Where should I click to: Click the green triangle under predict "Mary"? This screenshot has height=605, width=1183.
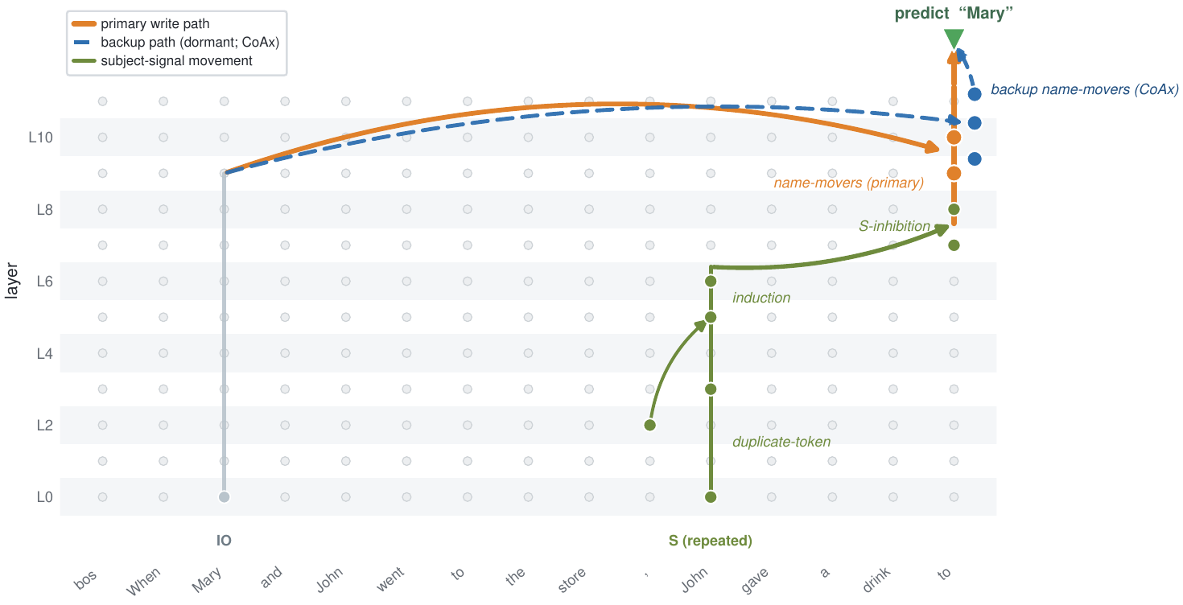pos(954,39)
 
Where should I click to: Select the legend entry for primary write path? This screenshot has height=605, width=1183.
pos(141,24)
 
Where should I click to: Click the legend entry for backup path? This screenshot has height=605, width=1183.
pos(175,42)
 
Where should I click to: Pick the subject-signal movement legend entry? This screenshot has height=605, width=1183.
pos(162,60)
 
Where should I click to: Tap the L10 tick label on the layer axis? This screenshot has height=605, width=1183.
pos(41,138)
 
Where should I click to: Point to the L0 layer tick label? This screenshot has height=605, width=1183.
pos(44,497)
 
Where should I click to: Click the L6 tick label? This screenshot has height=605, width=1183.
pos(44,282)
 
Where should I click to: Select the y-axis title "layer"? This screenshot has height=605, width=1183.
pos(11,282)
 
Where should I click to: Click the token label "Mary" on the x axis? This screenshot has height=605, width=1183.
pos(207,580)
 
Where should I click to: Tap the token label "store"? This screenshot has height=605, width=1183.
pos(572,580)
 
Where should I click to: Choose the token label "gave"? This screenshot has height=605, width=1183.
pos(755,581)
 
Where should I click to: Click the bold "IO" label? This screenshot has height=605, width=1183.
pos(224,541)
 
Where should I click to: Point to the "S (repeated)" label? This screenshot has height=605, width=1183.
pos(711,541)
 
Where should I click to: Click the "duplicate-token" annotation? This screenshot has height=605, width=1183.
pos(781,442)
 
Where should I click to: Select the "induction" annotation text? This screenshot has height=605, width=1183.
pos(761,298)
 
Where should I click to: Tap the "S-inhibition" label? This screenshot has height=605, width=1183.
pos(894,226)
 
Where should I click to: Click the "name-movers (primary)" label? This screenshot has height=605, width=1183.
pos(849,183)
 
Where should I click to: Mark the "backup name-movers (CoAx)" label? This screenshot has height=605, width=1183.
pos(1085,90)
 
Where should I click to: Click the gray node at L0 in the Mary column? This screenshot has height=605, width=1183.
pos(224,497)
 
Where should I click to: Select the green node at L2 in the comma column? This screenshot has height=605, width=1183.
pos(650,426)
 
